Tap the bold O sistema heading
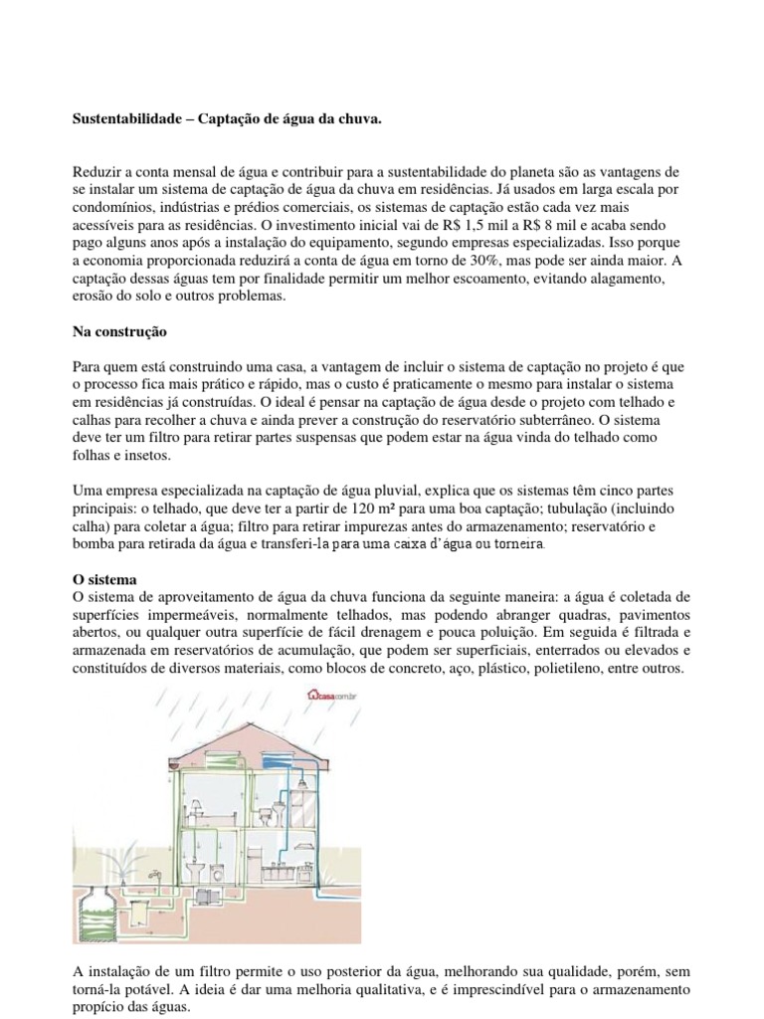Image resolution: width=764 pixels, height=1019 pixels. click(x=104, y=579)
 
